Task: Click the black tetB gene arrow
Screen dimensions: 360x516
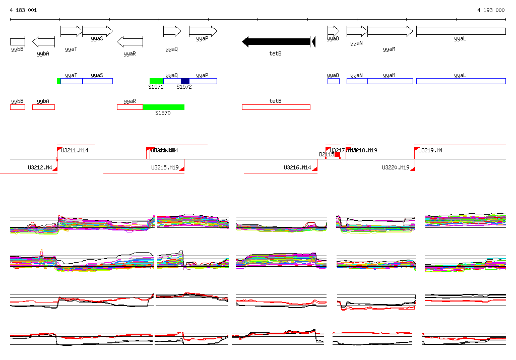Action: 276,41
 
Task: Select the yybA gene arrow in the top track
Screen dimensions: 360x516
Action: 43,42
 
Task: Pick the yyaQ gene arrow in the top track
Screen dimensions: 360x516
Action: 172,31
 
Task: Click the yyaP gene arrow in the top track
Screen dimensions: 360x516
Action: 203,31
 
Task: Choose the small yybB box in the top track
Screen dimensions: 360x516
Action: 18,41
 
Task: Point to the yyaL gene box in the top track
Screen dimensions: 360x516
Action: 461,31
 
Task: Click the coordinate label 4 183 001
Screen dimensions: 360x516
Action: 23,10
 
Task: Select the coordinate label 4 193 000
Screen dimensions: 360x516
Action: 491,10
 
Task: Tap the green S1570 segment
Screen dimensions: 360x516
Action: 163,107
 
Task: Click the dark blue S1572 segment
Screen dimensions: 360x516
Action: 185,81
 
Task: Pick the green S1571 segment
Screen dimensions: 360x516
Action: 156,81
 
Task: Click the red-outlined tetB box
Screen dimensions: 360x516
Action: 276,107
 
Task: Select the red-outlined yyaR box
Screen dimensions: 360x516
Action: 130,107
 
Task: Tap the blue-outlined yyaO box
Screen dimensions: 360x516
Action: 333,81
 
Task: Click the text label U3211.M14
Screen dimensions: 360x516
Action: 75,150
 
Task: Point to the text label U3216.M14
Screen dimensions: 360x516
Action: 297,167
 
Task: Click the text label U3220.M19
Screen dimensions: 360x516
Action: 396,167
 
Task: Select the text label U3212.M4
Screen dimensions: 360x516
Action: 40,167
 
